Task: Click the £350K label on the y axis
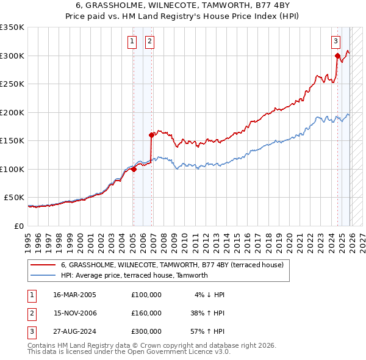[12, 27]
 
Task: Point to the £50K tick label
[14, 198]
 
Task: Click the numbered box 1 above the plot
[132, 41]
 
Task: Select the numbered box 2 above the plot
[149, 41]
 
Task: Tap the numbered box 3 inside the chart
[335, 41]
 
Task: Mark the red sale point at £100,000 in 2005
[133, 170]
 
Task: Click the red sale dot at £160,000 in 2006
[151, 135]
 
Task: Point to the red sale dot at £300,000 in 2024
[337, 56]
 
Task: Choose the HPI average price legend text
[134, 275]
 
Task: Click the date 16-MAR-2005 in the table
[75, 295]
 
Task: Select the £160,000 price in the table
[146, 313]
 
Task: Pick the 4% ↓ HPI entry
[210, 295]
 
